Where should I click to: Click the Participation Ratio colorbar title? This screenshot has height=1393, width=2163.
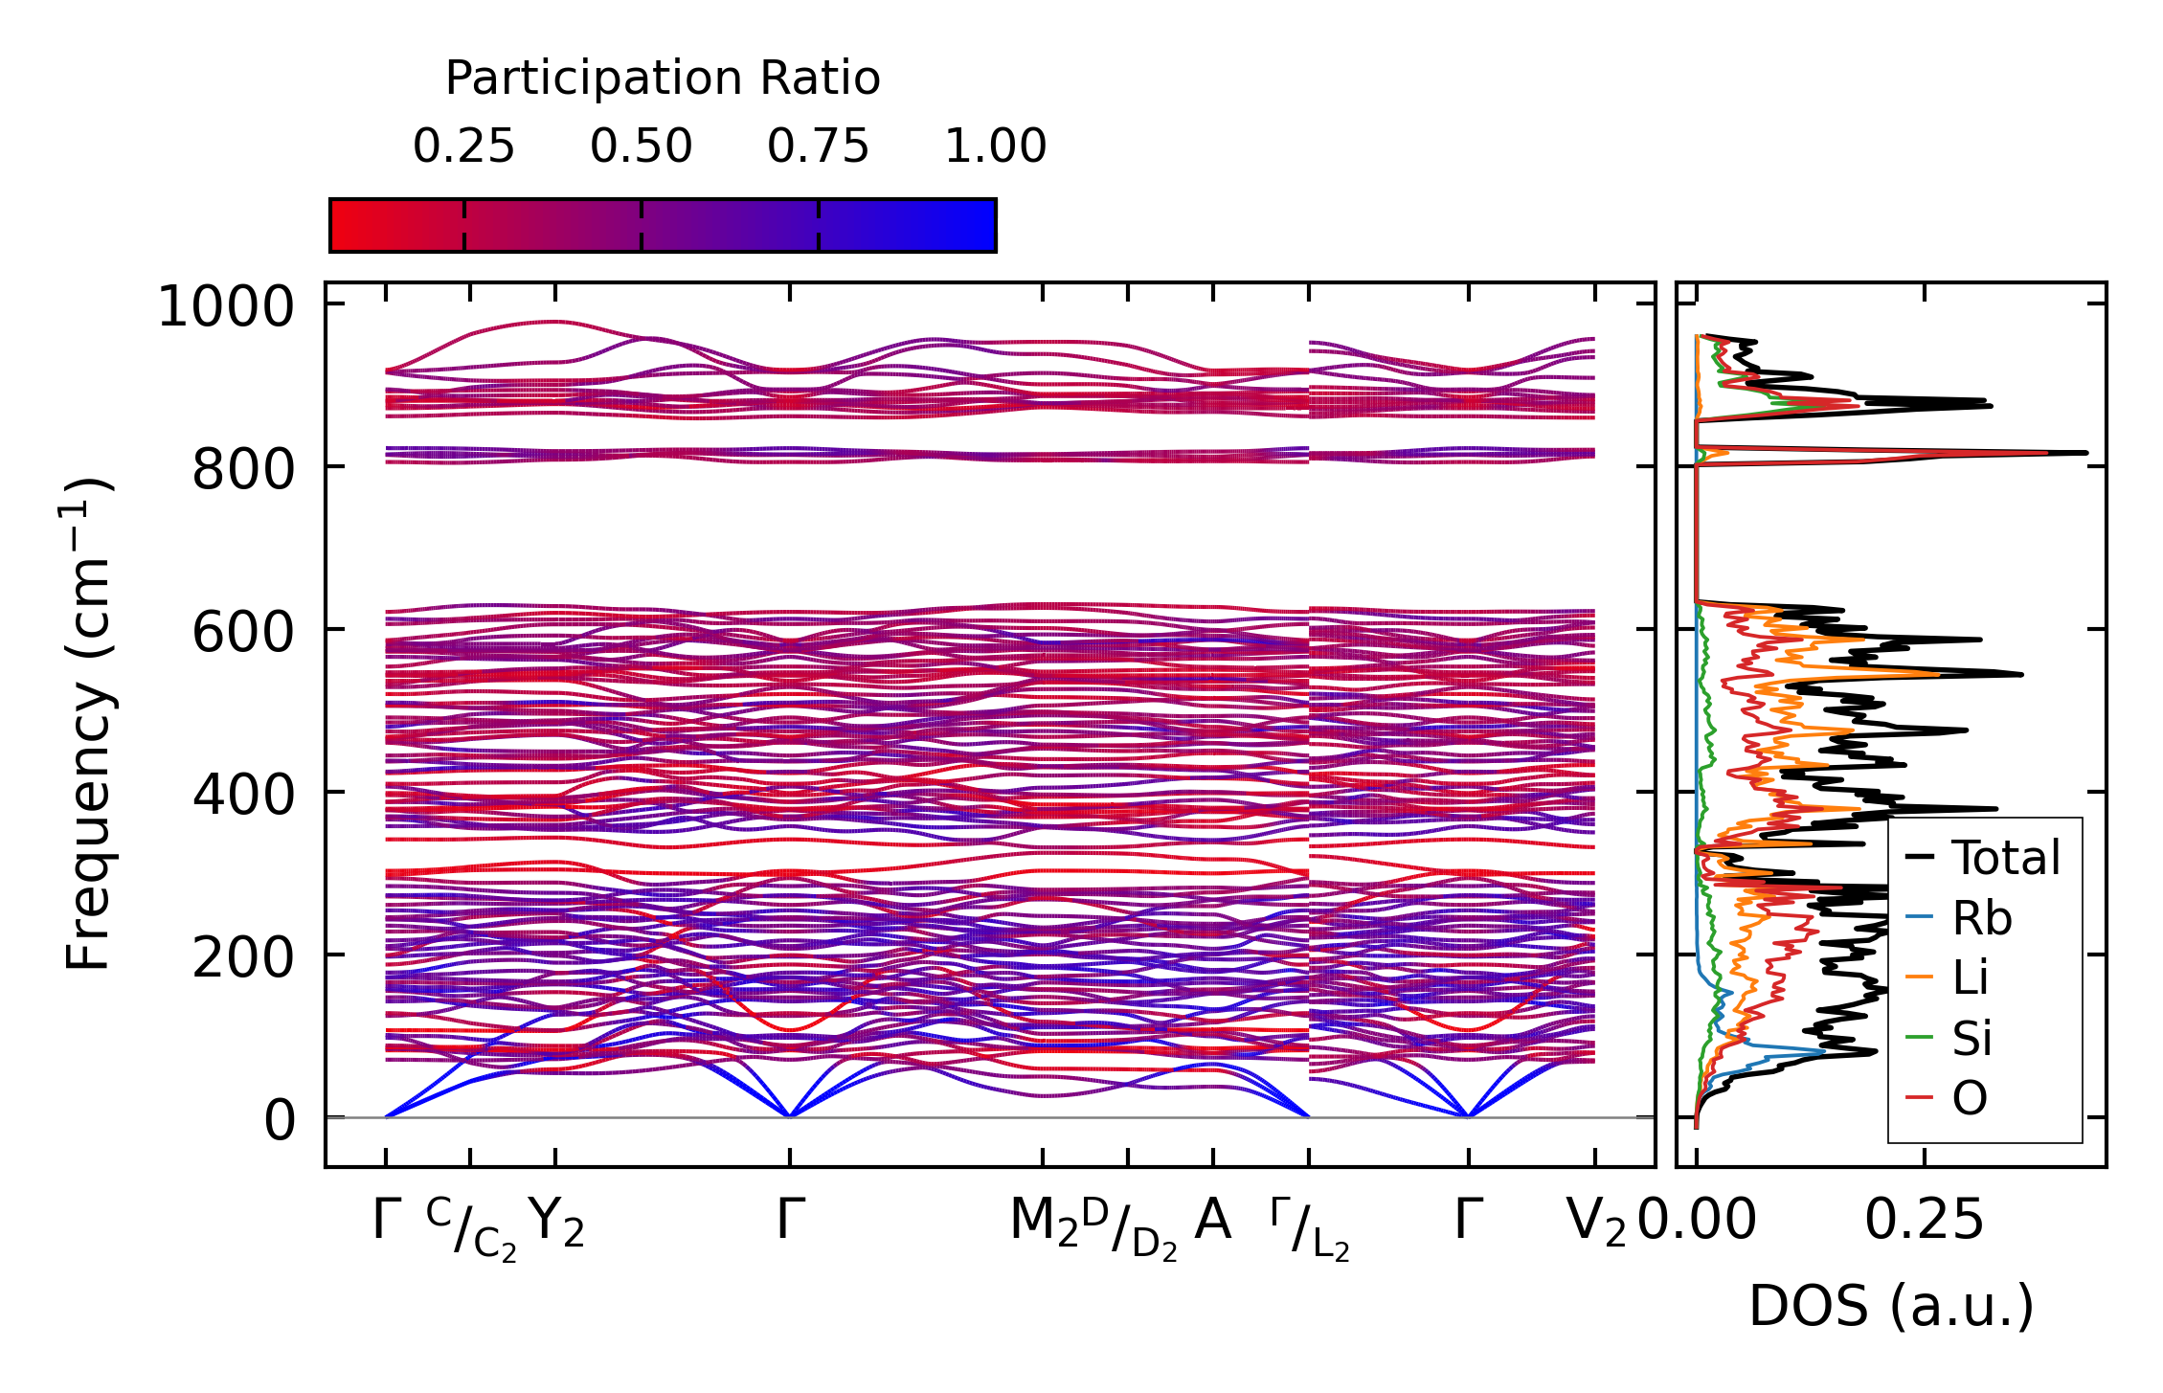tap(663, 79)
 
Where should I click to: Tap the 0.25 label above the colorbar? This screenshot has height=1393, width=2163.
tap(463, 146)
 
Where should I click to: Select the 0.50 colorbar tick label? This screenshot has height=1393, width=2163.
tap(641, 146)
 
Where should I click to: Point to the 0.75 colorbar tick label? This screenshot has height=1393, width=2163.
tap(818, 146)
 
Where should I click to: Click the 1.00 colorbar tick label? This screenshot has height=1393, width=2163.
tap(995, 146)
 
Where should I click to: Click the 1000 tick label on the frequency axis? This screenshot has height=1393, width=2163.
tap(225, 308)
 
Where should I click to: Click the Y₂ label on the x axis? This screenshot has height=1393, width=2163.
tap(555, 1223)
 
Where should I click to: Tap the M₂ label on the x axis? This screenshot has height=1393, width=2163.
tap(1044, 1223)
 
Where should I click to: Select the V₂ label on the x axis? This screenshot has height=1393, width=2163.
tap(1595, 1223)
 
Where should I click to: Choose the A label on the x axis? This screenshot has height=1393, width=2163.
tap(1212, 1221)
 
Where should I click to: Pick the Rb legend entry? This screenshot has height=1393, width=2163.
tap(1981, 919)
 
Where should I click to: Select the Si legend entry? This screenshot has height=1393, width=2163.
tap(1971, 1039)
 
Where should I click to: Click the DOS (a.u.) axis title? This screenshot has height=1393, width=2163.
tap(1891, 1307)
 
